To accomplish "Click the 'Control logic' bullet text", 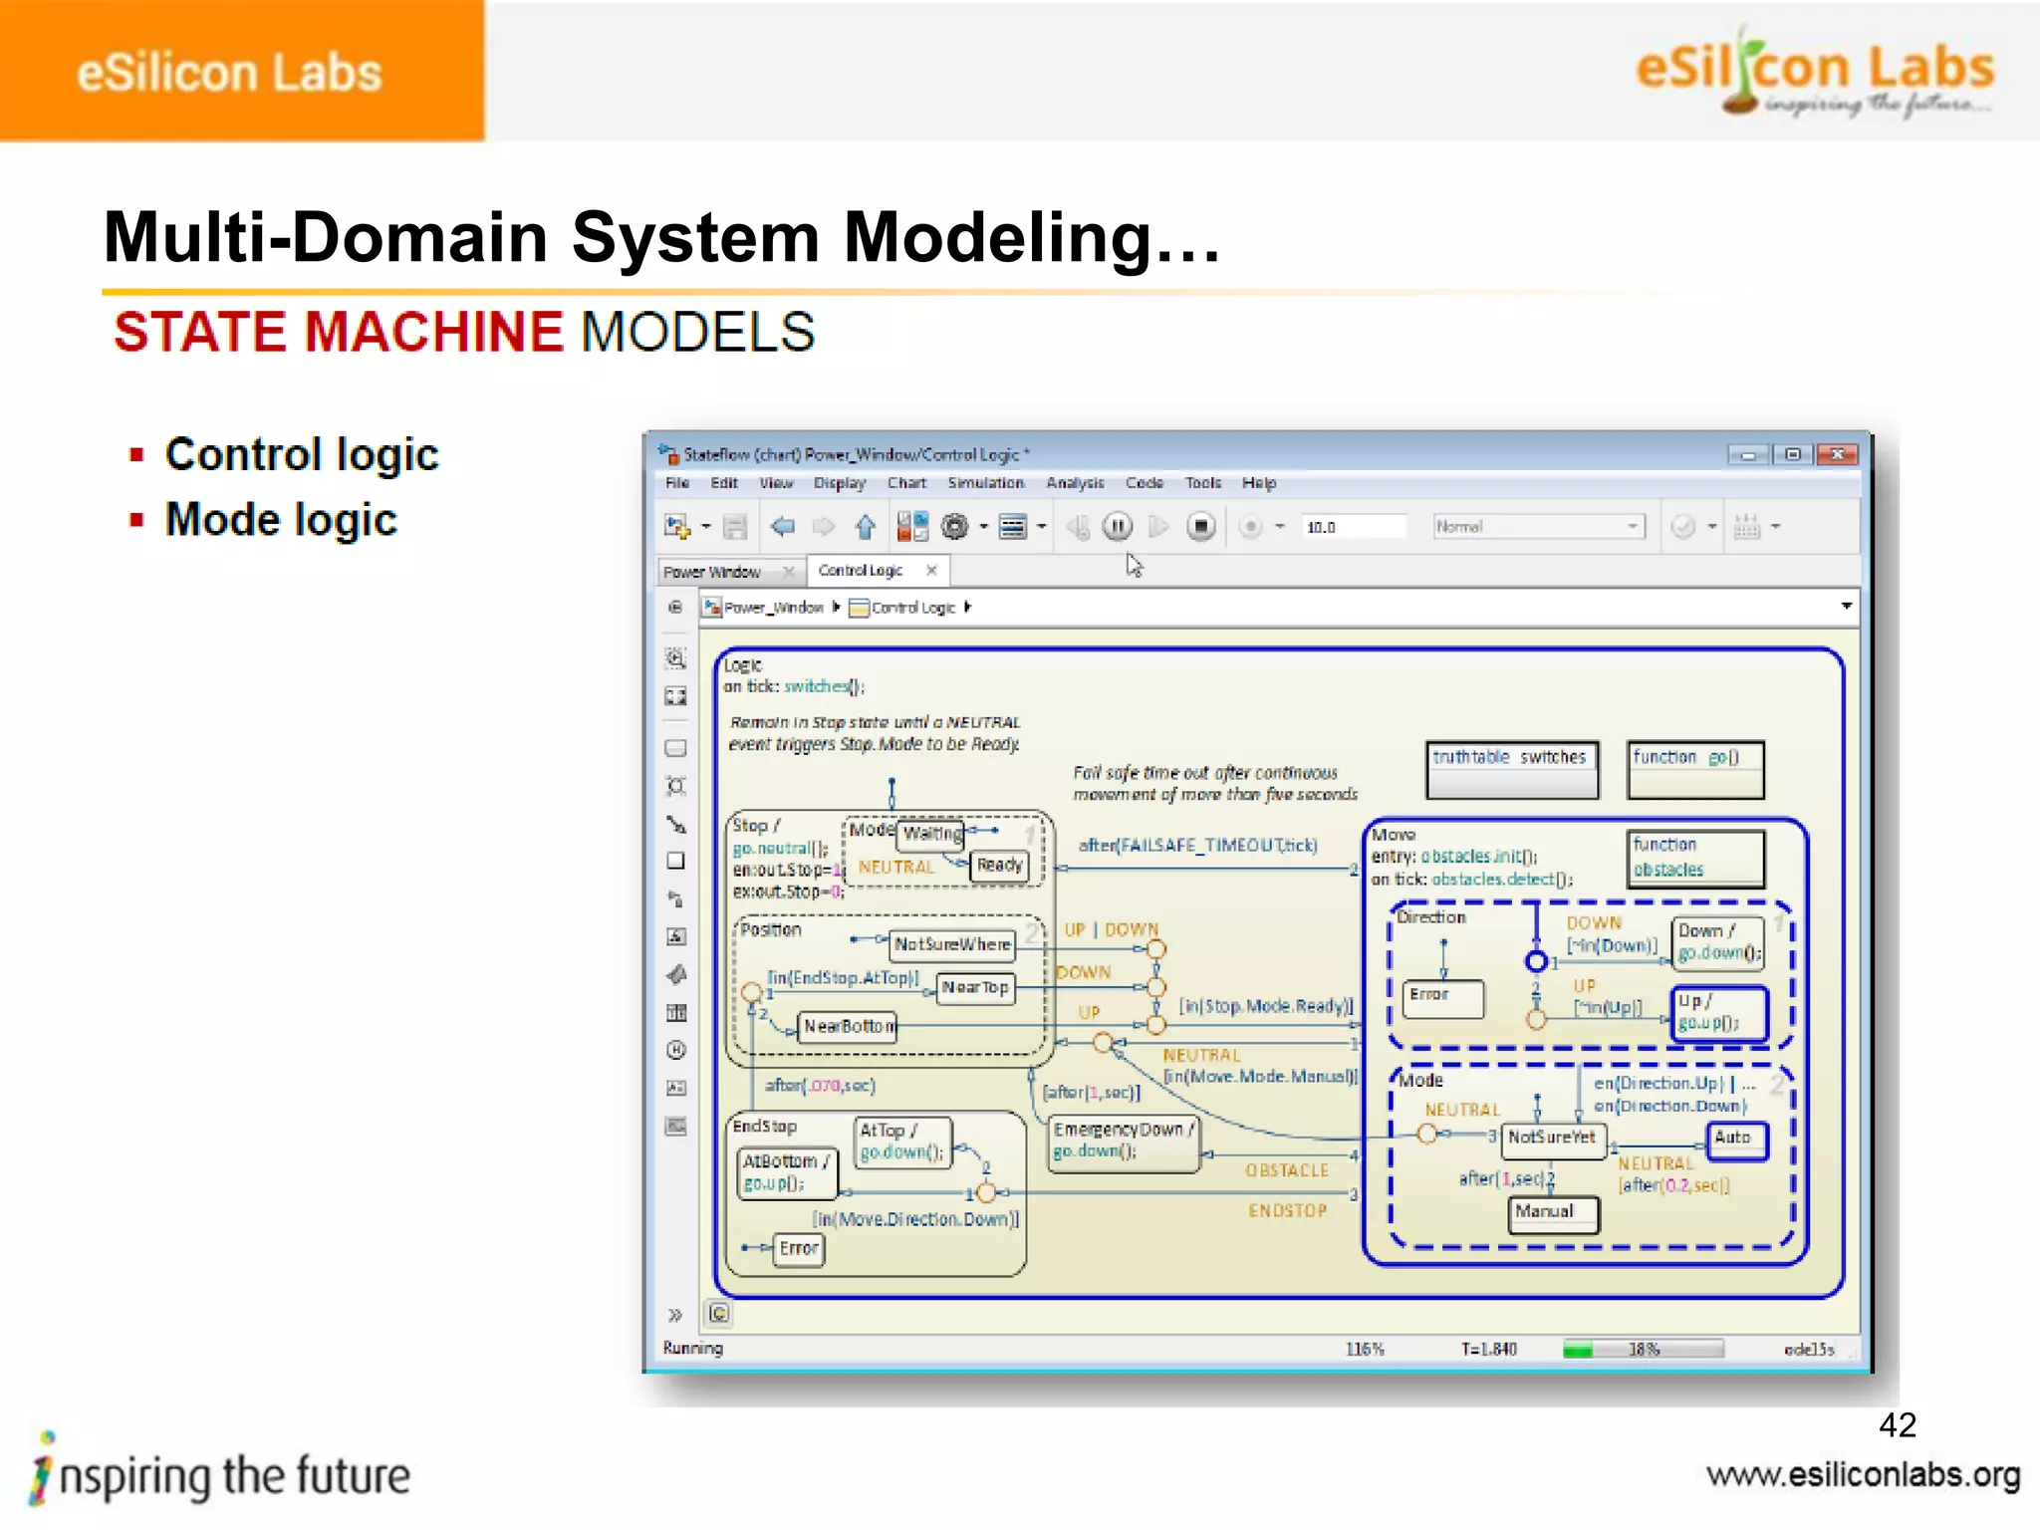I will tap(301, 455).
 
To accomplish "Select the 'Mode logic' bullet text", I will tap(281, 520).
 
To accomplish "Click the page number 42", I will tap(1897, 1425).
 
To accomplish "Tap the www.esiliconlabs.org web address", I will tap(1863, 1475).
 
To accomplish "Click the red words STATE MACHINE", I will tap(339, 332).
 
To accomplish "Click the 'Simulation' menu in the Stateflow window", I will tap(985, 483).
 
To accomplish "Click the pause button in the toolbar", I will tap(1118, 526).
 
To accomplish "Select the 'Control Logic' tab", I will tap(862, 571).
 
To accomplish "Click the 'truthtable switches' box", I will tap(1511, 769).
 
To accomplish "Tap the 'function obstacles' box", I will tap(1695, 858).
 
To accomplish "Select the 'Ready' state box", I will tap(999, 866).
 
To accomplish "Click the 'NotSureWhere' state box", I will tap(952, 944).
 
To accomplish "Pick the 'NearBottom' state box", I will tap(849, 1027).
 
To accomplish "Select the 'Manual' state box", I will tap(1552, 1213).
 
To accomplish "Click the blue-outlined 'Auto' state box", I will tap(1737, 1139).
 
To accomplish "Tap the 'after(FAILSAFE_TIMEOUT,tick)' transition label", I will tap(1197, 846).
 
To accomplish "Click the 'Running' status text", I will tap(693, 1349).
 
